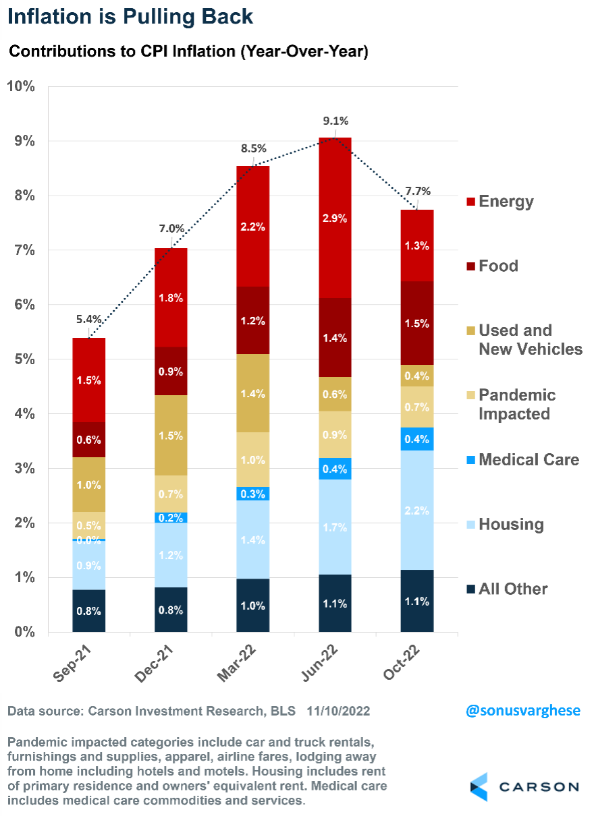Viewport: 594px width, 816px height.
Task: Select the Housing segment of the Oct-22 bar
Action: click(x=417, y=510)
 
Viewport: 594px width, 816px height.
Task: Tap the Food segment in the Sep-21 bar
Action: click(x=89, y=440)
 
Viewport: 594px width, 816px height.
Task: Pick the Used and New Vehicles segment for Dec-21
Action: click(x=171, y=435)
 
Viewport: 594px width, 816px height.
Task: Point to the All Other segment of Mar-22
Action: click(x=253, y=605)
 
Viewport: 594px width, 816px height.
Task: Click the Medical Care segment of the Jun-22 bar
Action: click(x=335, y=468)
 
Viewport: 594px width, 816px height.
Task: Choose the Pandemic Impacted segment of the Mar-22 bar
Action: click(x=253, y=459)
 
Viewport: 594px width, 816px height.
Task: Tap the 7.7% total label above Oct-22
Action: click(x=417, y=191)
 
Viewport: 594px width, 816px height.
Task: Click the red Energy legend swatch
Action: click(x=470, y=202)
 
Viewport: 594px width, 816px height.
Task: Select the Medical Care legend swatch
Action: click(x=470, y=460)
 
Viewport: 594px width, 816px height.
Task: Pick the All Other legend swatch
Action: click(x=470, y=589)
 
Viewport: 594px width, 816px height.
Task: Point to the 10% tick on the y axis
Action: click(x=22, y=86)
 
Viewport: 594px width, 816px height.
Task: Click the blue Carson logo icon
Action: click(x=479, y=787)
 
